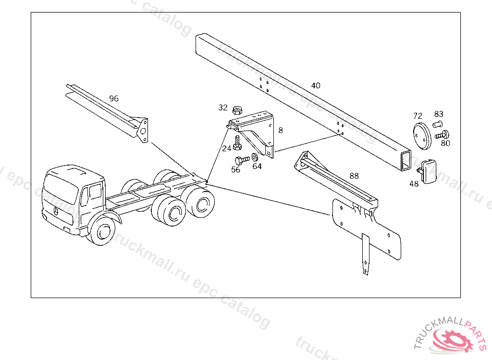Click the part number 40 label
tap(316, 85)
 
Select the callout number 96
tap(114, 98)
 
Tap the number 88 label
tap(354, 176)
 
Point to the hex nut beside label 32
tap(237, 110)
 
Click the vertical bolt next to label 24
tap(237, 143)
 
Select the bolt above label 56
tap(242, 160)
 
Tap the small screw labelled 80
tap(442, 135)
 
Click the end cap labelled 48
tap(427, 171)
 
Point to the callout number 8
tap(281, 130)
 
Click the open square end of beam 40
tap(406, 160)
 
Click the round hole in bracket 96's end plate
tap(143, 132)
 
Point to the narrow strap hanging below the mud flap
tap(365, 254)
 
